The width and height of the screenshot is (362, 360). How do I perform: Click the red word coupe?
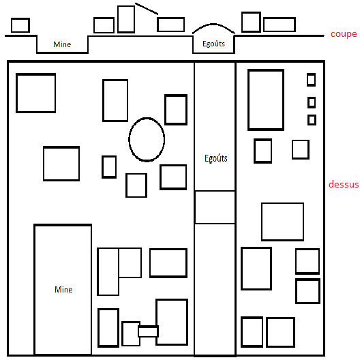click(344, 34)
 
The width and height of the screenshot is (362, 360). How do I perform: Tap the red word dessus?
click(344, 184)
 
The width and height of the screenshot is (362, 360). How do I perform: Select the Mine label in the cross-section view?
click(62, 44)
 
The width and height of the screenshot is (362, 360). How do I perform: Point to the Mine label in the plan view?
click(63, 290)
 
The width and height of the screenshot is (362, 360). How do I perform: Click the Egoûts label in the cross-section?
click(213, 44)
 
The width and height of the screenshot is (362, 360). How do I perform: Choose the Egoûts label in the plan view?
click(216, 158)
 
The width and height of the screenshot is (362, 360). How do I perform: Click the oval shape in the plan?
click(129, 140)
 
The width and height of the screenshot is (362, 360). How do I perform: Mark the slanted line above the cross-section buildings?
click(147, 9)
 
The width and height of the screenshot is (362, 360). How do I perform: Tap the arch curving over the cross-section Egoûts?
click(213, 24)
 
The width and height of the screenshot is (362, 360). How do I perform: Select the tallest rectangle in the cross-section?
click(118, 19)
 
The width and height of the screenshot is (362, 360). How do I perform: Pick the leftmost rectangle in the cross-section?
click(12, 25)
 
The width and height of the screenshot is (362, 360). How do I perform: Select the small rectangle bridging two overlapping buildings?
click(148, 326)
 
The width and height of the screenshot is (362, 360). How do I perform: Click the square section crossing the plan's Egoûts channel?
click(215, 191)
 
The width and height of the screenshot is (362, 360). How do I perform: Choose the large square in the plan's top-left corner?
click(16, 93)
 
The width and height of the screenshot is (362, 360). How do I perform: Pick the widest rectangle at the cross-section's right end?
click(280, 18)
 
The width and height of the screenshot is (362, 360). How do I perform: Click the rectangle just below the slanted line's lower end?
click(171, 18)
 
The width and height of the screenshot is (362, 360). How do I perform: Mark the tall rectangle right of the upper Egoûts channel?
click(249, 100)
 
